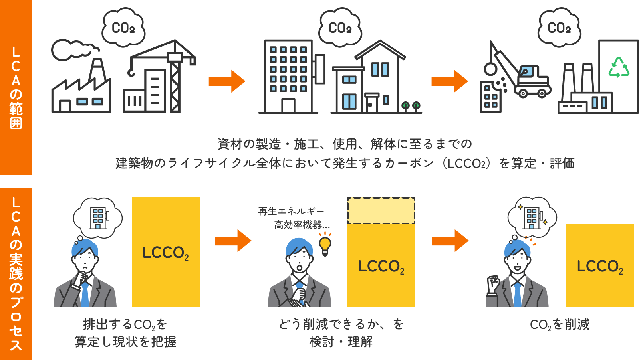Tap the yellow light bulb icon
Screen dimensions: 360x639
[x=325, y=244]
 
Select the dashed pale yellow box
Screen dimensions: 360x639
[x=381, y=210]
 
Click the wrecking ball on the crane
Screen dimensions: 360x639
[x=490, y=69]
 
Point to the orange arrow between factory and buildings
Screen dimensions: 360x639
[x=226, y=81]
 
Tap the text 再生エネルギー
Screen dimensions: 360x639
[x=291, y=211]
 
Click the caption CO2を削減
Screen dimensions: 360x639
[x=560, y=324]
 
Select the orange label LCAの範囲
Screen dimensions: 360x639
[x=16, y=87]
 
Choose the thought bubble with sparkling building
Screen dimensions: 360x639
[x=532, y=218]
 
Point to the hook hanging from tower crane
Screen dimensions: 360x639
[x=131, y=72]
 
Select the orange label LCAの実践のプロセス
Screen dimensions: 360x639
[x=16, y=274]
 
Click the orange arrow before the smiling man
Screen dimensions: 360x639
[x=450, y=241]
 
